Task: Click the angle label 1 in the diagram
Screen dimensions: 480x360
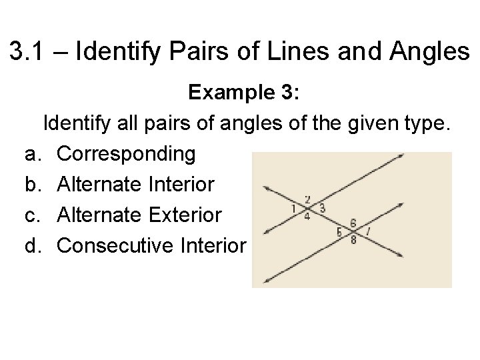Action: pyautogui.click(x=293, y=209)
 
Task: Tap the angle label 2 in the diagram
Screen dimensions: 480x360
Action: pyautogui.click(x=307, y=199)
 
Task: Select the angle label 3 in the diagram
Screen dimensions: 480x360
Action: pyautogui.click(x=323, y=209)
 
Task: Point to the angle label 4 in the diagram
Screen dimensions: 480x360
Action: pyautogui.click(x=307, y=217)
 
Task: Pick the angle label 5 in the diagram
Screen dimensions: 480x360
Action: pyautogui.click(x=339, y=233)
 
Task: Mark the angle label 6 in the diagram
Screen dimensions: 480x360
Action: pyautogui.click(x=353, y=223)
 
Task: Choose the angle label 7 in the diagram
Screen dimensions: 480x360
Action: pyautogui.click(x=369, y=233)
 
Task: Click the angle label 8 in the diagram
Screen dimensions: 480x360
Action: pyautogui.click(x=353, y=241)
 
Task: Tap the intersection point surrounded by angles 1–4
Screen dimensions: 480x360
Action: pyautogui.click(x=308, y=207)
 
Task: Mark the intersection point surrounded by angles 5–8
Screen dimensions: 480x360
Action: pyautogui.click(x=353, y=231)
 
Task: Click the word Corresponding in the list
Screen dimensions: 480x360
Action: pyautogui.click(x=127, y=154)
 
